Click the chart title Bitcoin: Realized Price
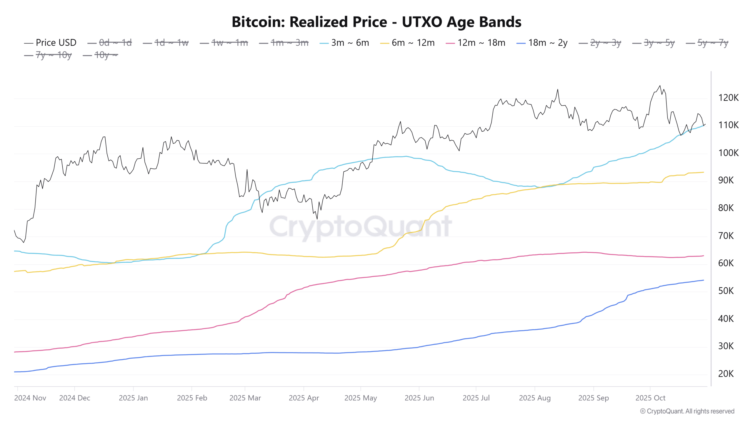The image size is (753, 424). pyautogui.click(x=376, y=22)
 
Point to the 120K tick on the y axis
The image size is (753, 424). pyautogui.click(x=728, y=98)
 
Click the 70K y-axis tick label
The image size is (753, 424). pyautogui.click(x=726, y=236)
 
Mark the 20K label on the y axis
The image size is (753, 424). pyautogui.click(x=726, y=374)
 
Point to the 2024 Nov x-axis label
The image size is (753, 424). pyautogui.click(x=30, y=398)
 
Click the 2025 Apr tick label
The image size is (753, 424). pyautogui.click(x=304, y=398)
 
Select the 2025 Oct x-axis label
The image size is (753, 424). pyautogui.click(x=650, y=398)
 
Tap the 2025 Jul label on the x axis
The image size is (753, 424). pyautogui.click(x=476, y=398)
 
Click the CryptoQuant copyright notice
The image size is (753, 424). pyautogui.click(x=687, y=411)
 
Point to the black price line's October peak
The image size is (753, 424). pyautogui.click(x=660, y=86)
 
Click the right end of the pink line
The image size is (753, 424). pyautogui.click(x=704, y=256)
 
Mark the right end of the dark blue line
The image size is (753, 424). pyautogui.click(x=704, y=280)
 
